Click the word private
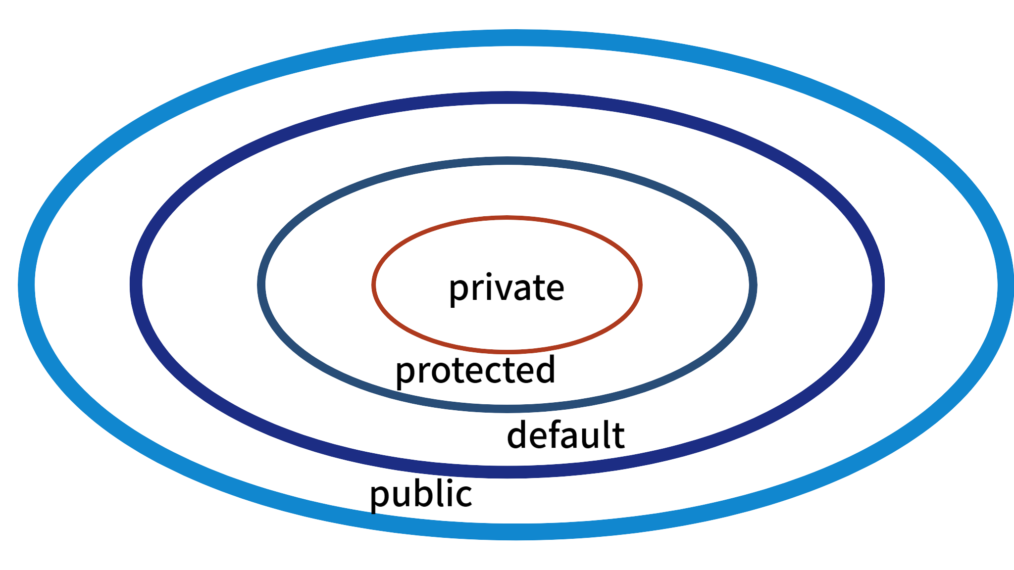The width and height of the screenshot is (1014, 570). click(x=506, y=288)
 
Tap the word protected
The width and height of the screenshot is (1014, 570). click(x=475, y=371)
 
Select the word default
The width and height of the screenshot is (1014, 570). click(x=565, y=435)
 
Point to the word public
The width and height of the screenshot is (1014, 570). click(x=421, y=494)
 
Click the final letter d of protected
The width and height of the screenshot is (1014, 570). click(x=546, y=370)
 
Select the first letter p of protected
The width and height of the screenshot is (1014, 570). click(x=404, y=374)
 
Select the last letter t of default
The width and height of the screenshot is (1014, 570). click(x=619, y=435)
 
